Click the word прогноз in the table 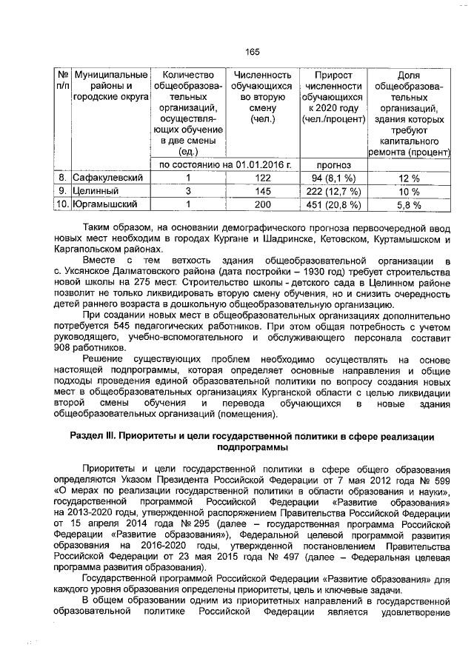333,165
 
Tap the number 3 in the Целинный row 188,192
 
